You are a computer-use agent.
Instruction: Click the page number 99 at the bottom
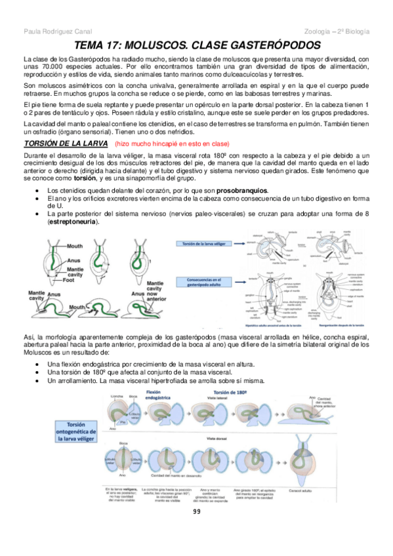[x=197, y=511]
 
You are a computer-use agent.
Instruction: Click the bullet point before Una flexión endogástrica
[x=42, y=363]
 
